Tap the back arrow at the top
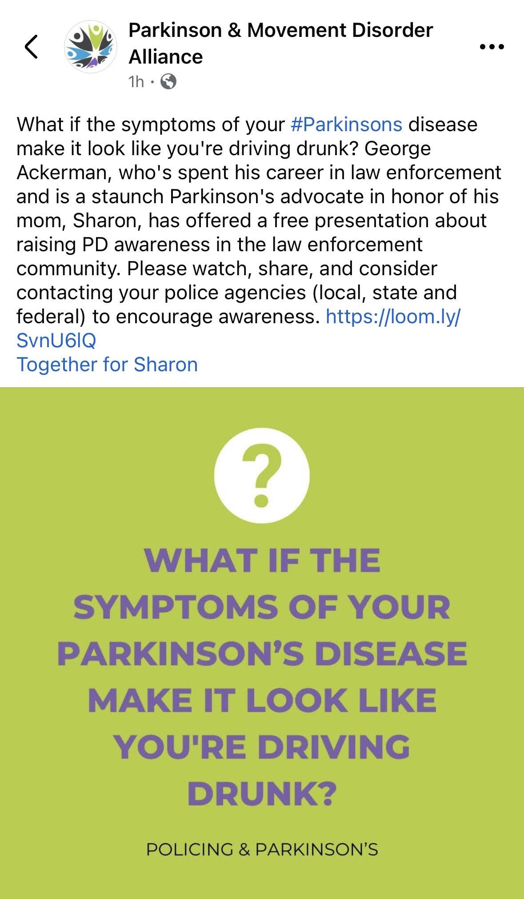coord(31,47)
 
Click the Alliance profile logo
coord(91,47)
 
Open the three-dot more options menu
coord(492,47)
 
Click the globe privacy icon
coord(168,81)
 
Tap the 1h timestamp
coord(136,81)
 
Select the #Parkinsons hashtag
coord(347,124)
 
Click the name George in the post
coord(398,149)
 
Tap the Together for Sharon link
coord(107,365)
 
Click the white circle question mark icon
coord(262,475)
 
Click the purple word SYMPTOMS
coord(176,607)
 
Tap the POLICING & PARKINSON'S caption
coord(262,849)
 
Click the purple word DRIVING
coord(334,746)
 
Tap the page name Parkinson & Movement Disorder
coord(281,30)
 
